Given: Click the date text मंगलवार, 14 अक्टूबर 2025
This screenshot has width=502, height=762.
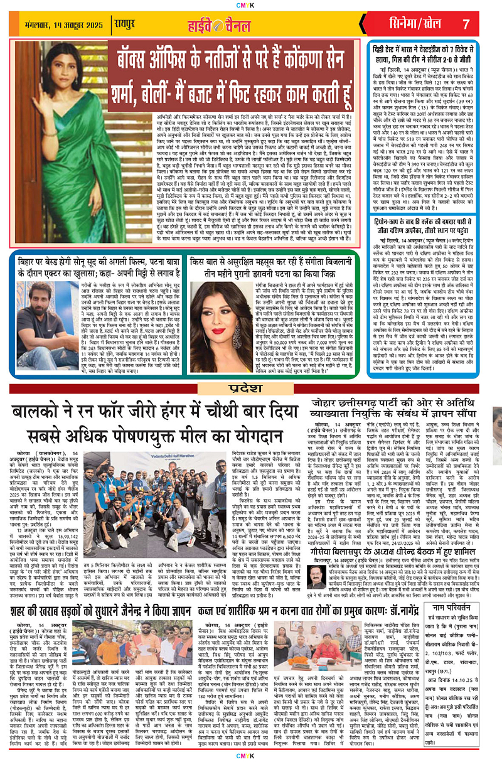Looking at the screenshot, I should pos(60,24).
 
